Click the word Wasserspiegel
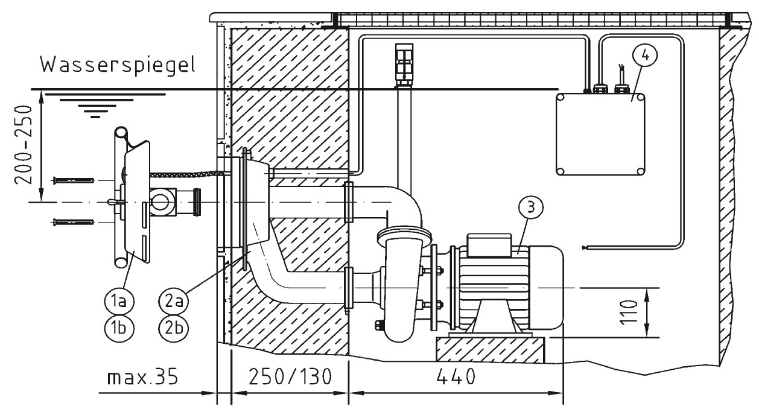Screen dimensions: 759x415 [x=118, y=65]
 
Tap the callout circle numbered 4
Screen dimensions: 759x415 [x=645, y=56]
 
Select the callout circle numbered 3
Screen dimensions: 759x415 [x=530, y=207]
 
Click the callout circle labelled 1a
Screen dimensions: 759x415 [x=119, y=301]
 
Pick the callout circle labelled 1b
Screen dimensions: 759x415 [x=119, y=328]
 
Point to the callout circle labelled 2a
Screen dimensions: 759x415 [x=174, y=301]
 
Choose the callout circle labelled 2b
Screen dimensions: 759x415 [x=174, y=328]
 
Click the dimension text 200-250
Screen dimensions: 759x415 [x=24, y=145]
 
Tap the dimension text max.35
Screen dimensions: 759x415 [x=142, y=377]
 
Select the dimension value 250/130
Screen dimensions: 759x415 [x=290, y=377]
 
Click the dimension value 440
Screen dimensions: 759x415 [x=456, y=377]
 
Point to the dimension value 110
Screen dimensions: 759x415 [x=629, y=312]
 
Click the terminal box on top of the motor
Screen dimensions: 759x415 [x=489, y=245]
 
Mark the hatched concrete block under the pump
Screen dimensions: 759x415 [x=491, y=349]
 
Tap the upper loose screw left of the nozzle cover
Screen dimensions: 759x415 [x=73, y=180]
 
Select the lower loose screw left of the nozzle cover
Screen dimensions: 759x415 [x=73, y=222]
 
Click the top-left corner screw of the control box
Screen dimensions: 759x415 [x=560, y=98]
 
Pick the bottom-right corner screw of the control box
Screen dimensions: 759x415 [x=640, y=171]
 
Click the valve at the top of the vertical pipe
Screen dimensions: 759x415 [x=404, y=65]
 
